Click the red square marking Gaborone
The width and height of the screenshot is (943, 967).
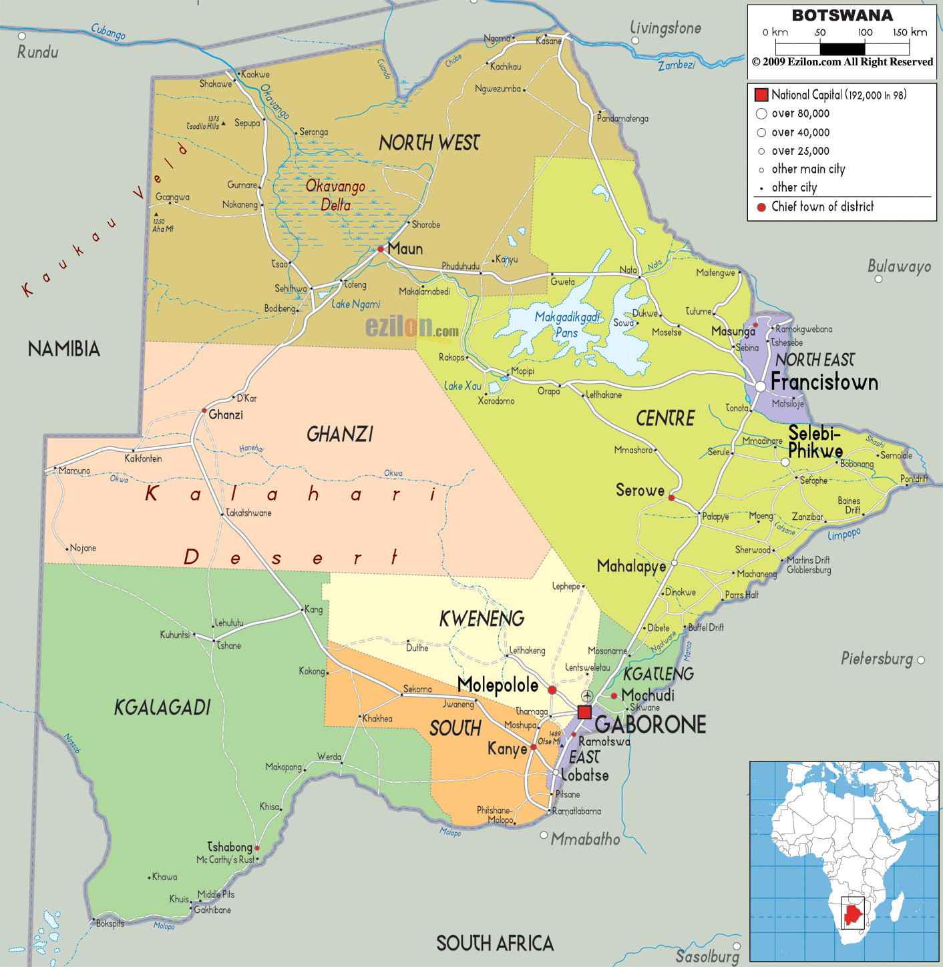point(584,712)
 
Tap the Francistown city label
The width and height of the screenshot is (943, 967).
point(824,382)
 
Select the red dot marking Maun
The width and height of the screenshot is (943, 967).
point(381,249)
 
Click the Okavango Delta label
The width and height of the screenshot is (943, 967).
point(335,195)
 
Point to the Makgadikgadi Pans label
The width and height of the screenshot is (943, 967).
point(567,324)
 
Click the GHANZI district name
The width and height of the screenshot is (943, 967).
point(340,434)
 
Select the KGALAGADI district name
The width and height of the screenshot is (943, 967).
point(162,707)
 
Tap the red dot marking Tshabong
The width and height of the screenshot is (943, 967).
point(257,848)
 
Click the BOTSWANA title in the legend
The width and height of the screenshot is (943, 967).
point(841,15)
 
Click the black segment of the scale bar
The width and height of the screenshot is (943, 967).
point(842,49)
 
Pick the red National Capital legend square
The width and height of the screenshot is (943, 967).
point(761,95)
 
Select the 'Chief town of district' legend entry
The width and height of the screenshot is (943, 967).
point(822,207)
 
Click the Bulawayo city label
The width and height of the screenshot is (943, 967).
point(899,266)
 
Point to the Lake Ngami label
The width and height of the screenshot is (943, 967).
point(356,304)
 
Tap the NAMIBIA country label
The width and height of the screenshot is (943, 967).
point(64,348)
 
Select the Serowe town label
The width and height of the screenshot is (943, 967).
point(640,491)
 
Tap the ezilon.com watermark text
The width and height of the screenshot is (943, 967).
point(411,327)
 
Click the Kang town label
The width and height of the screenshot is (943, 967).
point(313,609)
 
